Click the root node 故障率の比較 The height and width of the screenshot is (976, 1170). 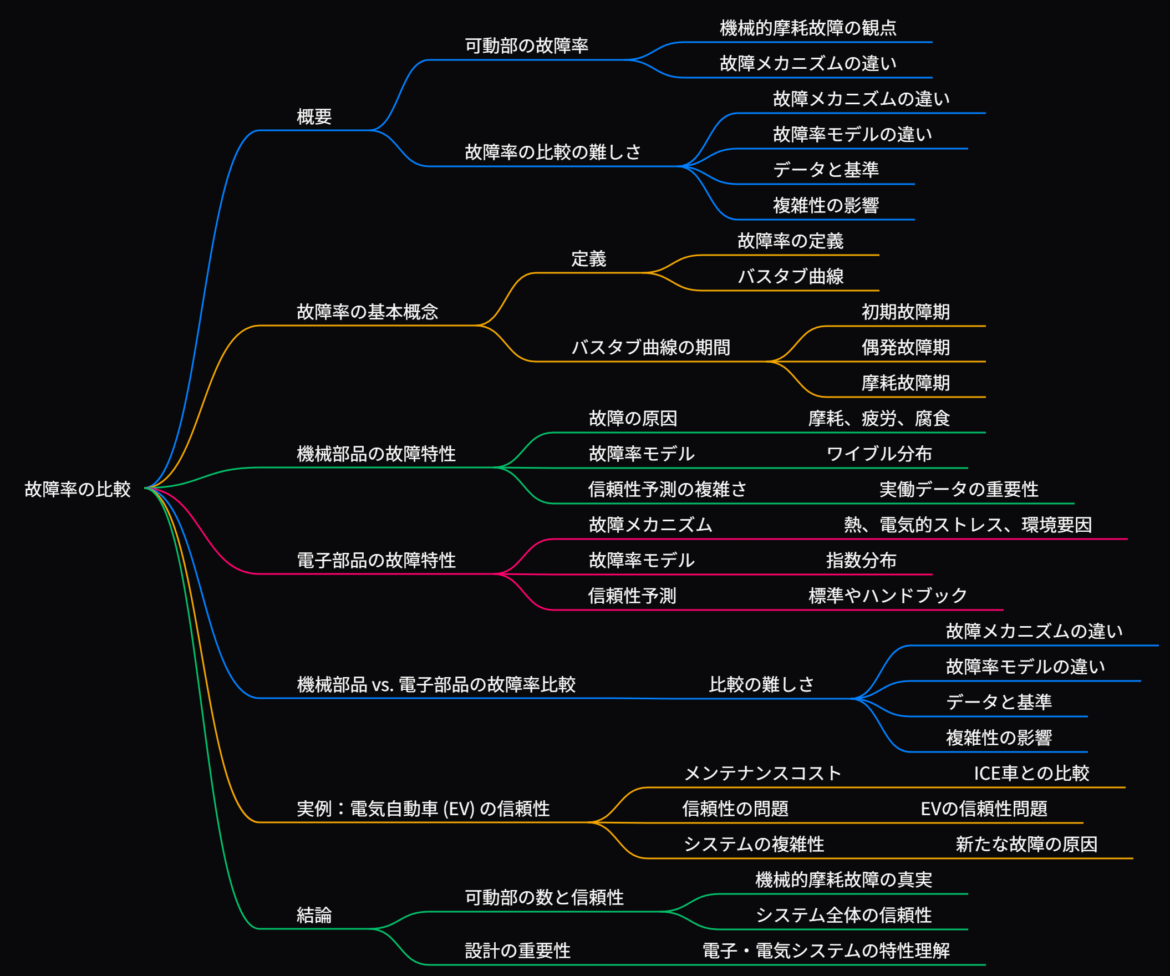click(78, 489)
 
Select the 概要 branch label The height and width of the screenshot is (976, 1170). click(314, 117)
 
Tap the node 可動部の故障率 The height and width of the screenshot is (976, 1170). click(527, 45)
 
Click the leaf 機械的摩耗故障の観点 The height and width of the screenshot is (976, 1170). click(808, 28)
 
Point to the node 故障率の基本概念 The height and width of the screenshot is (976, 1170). click(367, 312)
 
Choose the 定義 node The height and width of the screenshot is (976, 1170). click(588, 259)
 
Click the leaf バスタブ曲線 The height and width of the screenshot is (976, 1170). click(791, 276)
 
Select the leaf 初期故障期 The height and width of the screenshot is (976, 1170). click(906, 312)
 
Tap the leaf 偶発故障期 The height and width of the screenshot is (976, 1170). click(906, 348)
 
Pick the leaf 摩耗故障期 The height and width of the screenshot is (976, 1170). click(906, 383)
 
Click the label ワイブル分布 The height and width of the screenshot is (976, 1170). click(879, 454)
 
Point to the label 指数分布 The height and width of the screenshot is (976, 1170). click(861, 561)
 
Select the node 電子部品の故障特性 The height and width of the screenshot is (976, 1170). click(376, 561)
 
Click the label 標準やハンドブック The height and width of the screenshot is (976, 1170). click(888, 596)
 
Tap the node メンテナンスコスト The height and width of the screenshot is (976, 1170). click(763, 773)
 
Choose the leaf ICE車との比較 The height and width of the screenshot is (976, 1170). click(1031, 773)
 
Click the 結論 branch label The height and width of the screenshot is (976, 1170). click(314, 916)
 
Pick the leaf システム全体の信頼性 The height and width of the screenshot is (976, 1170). click(843, 916)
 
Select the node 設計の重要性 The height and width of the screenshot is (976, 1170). click(517, 951)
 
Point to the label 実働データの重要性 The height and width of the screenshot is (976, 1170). click(958, 490)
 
